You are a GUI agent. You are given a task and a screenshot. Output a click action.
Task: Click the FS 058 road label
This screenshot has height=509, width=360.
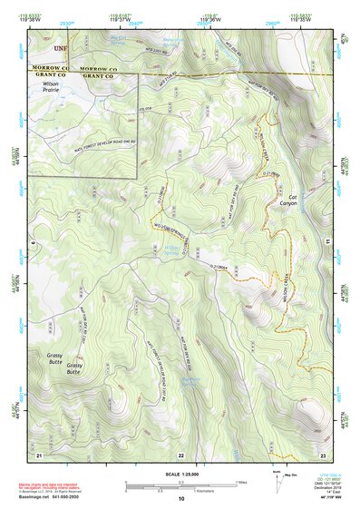pyautogui.click(x=142, y=113)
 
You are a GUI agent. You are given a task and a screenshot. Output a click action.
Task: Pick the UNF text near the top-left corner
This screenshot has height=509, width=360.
pyautogui.click(x=61, y=47)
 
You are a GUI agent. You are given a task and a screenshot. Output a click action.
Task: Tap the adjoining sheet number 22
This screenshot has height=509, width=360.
pyautogui.click(x=181, y=454)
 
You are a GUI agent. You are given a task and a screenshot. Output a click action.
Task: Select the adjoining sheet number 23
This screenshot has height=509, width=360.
pyautogui.click(x=323, y=453)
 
